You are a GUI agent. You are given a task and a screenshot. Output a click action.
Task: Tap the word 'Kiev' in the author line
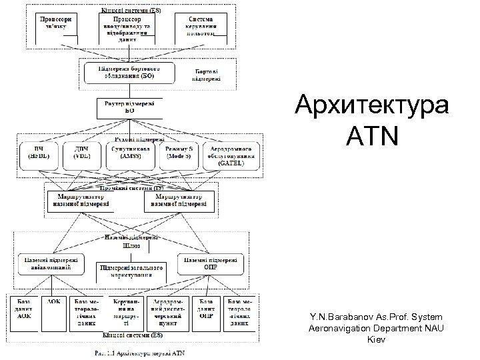[x=377, y=340]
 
